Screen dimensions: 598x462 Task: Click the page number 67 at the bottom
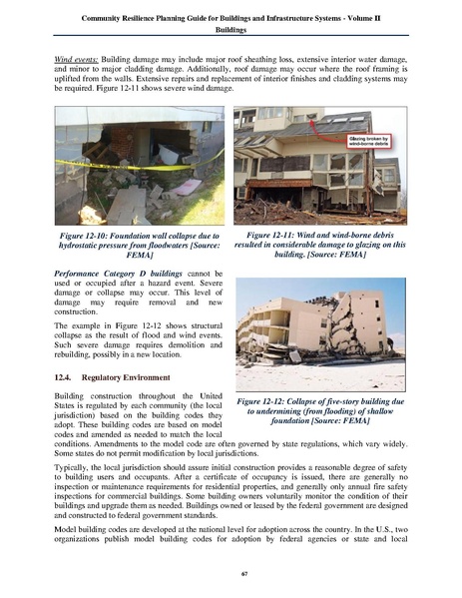[231, 573]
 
